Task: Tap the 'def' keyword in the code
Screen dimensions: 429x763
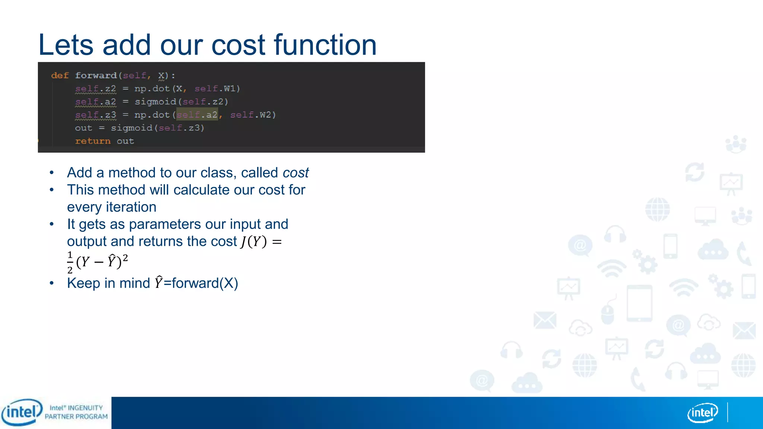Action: click(x=60, y=76)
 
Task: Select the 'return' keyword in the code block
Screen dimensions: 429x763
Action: click(x=93, y=141)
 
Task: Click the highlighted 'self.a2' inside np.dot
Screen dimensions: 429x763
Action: click(x=197, y=115)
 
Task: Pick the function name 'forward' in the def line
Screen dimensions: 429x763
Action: click(x=96, y=76)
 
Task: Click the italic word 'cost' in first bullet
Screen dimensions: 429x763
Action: click(x=295, y=173)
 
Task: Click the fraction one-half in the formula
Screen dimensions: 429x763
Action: click(x=70, y=262)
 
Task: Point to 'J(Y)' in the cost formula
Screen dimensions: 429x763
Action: click(x=253, y=242)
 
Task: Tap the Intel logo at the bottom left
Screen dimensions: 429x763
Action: click(x=22, y=412)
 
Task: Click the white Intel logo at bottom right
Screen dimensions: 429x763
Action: click(x=703, y=413)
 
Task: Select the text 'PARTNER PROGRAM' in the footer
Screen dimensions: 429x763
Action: click(x=76, y=417)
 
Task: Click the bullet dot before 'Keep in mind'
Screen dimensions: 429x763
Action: click(x=52, y=283)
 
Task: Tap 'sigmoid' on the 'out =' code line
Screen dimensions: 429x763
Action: click(x=132, y=128)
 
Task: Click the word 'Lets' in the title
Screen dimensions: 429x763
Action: click(x=66, y=45)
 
